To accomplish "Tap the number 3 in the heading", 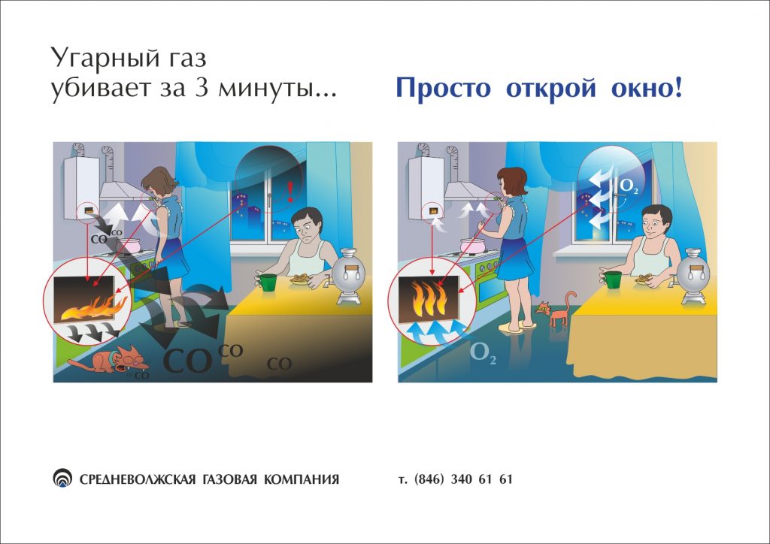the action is pyautogui.click(x=202, y=89).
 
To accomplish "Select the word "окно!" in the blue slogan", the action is pyautogui.click(x=647, y=88).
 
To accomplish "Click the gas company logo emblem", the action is pyautogui.click(x=62, y=478).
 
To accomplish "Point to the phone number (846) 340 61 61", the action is pyautogui.click(x=463, y=479).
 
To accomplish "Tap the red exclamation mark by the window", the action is pyautogui.click(x=290, y=192).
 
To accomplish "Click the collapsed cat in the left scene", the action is pyautogui.click(x=110, y=361).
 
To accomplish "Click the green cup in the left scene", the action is pyautogui.click(x=268, y=283).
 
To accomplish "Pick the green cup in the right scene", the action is pyautogui.click(x=612, y=280).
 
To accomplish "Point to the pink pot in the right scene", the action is pyautogui.click(x=474, y=245).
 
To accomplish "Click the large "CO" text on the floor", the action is pyautogui.click(x=187, y=361).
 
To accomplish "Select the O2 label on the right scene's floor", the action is pyautogui.click(x=483, y=352).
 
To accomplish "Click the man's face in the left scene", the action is pyautogui.click(x=305, y=230).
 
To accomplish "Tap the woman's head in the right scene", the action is pyautogui.click(x=511, y=181).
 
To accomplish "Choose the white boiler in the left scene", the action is pyautogui.click(x=80, y=188).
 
